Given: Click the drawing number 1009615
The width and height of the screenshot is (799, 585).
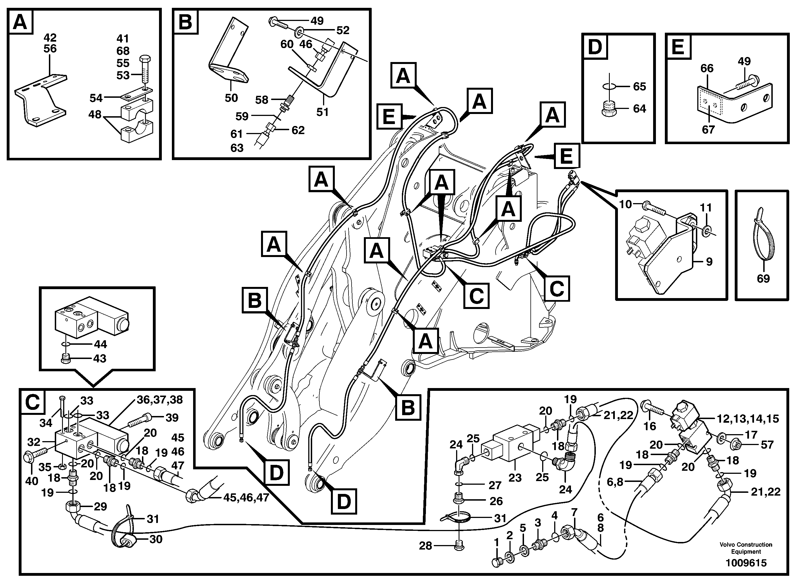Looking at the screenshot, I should [x=746, y=563].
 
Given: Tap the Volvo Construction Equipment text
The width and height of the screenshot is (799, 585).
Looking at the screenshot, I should [x=746, y=548].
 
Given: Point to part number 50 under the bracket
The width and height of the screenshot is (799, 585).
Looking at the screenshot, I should [x=231, y=98].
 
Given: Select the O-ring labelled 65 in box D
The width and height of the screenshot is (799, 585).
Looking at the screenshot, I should [x=609, y=86].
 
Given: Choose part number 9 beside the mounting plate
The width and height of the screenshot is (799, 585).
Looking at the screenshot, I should [x=709, y=262].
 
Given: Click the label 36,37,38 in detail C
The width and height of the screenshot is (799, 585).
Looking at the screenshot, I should [x=160, y=400].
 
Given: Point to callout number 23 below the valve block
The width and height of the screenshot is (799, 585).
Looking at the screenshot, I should [x=515, y=478].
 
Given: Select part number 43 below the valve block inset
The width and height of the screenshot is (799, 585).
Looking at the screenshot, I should [x=99, y=358].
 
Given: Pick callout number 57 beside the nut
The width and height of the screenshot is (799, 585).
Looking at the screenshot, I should [x=767, y=444].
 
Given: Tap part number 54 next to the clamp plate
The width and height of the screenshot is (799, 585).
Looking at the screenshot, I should [x=96, y=98].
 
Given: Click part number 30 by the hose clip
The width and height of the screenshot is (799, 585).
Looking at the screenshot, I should [x=155, y=539].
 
